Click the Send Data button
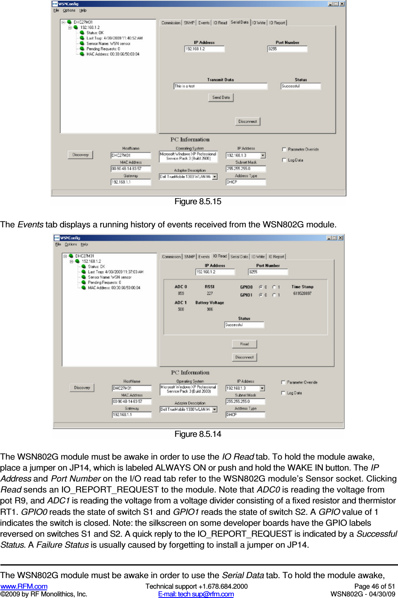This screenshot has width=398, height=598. click(x=221, y=97)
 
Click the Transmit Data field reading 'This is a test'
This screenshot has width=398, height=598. click(x=221, y=86)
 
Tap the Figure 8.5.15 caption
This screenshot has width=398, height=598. click(x=198, y=201)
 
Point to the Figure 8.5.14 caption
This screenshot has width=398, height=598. click(x=198, y=434)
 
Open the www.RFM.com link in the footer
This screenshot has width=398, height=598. click(x=24, y=586)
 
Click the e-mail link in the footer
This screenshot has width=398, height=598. click(x=196, y=594)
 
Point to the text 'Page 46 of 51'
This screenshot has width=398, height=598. click(x=374, y=586)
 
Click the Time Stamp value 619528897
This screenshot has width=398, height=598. click(x=302, y=293)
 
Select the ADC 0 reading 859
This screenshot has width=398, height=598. click(x=181, y=293)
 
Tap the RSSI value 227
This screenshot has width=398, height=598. click(x=210, y=293)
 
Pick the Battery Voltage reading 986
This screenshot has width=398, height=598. click(x=210, y=309)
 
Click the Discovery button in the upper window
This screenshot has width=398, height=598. click(x=80, y=155)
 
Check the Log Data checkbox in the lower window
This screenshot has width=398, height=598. click(x=283, y=393)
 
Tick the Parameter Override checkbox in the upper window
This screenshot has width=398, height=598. click(x=284, y=149)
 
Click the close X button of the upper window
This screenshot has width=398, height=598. click(x=342, y=4)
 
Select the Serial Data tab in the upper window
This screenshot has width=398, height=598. click(x=239, y=22)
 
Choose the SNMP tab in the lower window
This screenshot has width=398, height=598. click(x=190, y=257)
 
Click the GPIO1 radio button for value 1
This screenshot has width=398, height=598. click(x=274, y=295)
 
